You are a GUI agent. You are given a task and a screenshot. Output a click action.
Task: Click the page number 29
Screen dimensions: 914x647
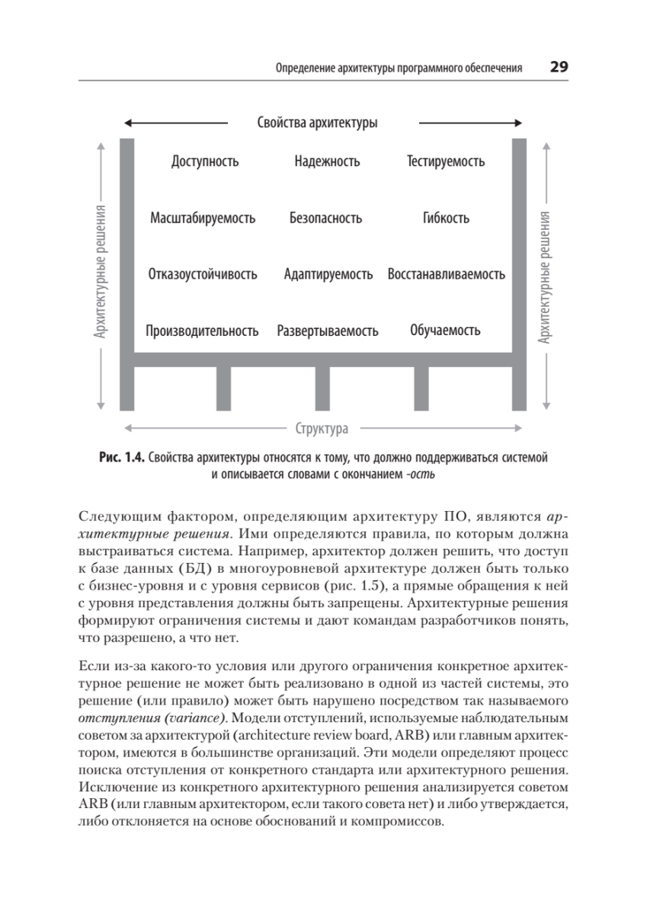[559, 67]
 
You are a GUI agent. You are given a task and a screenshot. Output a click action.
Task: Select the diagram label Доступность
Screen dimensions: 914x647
[205, 161]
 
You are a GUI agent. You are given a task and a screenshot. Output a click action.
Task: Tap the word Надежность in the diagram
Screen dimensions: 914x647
[327, 161]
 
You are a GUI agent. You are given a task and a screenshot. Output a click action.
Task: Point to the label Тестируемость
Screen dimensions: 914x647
[446, 161]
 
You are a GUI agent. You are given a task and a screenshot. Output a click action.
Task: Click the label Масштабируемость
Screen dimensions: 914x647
[203, 219]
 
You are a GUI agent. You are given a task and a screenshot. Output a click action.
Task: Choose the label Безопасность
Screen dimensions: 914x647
[325, 219]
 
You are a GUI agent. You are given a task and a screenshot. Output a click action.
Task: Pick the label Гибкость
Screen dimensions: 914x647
[446, 219]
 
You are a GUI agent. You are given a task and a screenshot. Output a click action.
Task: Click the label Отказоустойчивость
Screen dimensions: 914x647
[202, 274]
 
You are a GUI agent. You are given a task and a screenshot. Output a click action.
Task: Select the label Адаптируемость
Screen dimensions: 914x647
[328, 274]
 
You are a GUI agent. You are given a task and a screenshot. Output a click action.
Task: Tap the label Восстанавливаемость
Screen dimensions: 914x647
[446, 274]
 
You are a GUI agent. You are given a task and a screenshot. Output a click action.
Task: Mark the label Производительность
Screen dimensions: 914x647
[202, 331]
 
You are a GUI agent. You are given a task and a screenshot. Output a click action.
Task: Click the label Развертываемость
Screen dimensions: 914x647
[328, 331]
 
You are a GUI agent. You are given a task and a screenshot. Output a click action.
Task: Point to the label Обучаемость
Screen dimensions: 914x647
[445, 331]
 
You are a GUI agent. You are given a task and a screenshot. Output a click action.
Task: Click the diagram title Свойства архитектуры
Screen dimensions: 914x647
[317, 123]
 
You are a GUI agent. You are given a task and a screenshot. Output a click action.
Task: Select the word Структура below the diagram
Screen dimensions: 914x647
[322, 428]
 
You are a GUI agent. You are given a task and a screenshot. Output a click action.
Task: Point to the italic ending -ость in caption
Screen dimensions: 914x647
[421, 475]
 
